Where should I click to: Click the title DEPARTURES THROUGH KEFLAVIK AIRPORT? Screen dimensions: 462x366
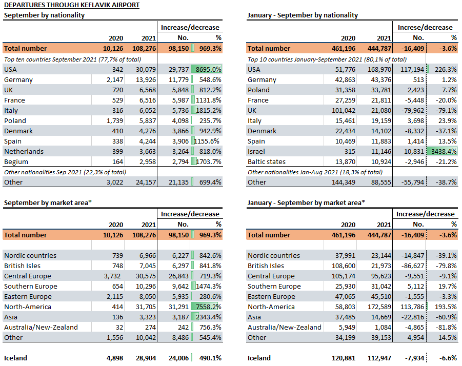(72, 5)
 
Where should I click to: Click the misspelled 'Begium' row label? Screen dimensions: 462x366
(16, 162)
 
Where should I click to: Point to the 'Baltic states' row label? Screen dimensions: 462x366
(266, 161)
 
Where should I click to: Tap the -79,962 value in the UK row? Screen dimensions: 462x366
(412, 110)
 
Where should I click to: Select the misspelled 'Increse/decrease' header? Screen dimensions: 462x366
(425, 27)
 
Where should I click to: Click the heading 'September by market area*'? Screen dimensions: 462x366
(48, 202)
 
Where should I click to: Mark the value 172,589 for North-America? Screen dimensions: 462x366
(379, 307)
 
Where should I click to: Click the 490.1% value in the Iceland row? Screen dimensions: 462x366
(210, 358)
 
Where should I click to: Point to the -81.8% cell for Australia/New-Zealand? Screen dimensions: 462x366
(447, 328)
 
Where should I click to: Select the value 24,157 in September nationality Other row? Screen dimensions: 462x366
(146, 182)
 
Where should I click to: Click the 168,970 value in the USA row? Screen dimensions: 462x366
(379, 70)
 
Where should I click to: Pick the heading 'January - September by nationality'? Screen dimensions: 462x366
(303, 15)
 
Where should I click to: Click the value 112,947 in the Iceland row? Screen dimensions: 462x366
(379, 358)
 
